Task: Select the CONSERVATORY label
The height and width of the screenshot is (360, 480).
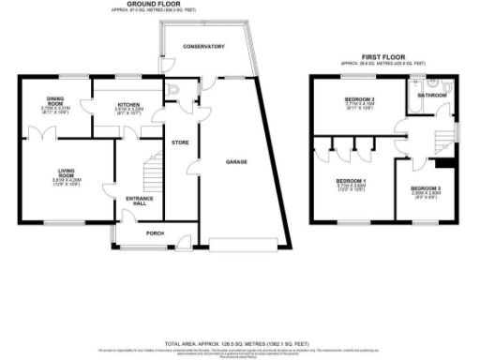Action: coord(203,46)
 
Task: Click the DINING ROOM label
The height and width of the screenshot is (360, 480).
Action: coord(55,101)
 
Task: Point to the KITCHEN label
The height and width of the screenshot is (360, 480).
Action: coord(127,104)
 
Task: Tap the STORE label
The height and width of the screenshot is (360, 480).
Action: coord(180,142)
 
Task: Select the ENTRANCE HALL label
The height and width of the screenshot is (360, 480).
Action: coord(139,202)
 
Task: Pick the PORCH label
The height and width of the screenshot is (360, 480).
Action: coord(144,233)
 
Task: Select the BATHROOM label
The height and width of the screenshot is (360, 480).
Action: coord(432,95)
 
